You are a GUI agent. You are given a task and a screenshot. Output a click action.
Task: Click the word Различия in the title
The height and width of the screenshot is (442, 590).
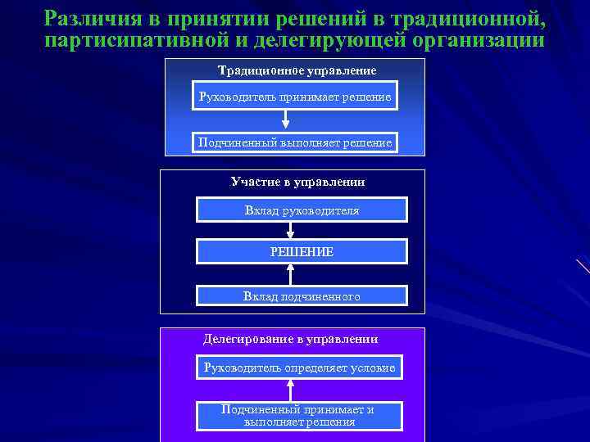click(x=83, y=17)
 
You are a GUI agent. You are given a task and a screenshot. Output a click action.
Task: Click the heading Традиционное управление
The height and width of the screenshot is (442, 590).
click(x=297, y=70)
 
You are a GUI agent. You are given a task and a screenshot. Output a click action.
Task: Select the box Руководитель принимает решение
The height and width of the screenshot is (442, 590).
click(x=295, y=97)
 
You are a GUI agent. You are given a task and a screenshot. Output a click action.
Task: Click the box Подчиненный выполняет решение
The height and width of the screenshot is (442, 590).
click(x=295, y=143)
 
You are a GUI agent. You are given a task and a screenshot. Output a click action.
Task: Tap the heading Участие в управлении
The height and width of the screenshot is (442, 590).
click(x=297, y=182)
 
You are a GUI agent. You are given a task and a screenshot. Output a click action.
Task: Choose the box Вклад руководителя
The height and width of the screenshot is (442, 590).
click(x=302, y=210)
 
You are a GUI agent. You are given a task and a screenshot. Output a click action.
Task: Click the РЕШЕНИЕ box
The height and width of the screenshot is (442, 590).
click(x=302, y=251)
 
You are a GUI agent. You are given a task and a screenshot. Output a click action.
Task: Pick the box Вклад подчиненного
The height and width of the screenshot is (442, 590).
click(x=302, y=295)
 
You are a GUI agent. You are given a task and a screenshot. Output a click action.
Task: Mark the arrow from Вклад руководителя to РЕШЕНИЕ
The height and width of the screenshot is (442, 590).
click(x=290, y=230)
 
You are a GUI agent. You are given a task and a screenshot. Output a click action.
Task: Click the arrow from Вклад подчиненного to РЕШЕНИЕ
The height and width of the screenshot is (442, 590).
click(x=290, y=273)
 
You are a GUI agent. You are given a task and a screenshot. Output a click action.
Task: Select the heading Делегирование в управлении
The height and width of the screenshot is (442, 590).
click(x=291, y=338)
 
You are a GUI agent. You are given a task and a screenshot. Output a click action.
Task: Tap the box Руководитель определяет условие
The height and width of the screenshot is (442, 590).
click(x=299, y=368)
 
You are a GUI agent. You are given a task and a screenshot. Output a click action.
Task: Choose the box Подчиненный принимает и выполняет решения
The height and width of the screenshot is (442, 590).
click(x=299, y=416)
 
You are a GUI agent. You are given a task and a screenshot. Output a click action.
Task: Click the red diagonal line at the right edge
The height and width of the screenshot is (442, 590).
click(x=583, y=266)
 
